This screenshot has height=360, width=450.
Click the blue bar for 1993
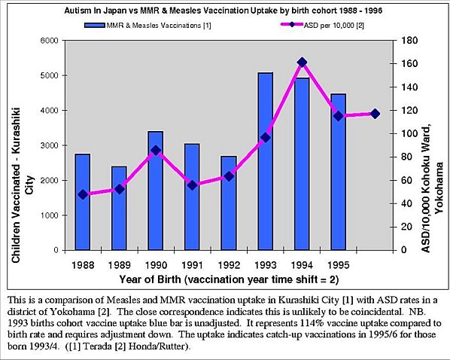266,161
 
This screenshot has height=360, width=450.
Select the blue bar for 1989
119,209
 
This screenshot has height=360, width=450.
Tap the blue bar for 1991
193,197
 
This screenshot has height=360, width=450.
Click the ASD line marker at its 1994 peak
302,63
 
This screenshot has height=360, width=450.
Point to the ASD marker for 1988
83,194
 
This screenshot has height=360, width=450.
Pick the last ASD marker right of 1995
375,114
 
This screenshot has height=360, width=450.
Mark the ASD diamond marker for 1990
156,151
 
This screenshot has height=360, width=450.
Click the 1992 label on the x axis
229,265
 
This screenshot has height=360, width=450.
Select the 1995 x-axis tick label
339,265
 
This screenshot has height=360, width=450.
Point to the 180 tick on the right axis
409,41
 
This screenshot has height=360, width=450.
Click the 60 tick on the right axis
406,181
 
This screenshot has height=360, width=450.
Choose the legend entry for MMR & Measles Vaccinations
147,26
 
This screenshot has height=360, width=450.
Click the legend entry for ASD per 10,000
322,26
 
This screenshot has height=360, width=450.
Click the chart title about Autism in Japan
223,11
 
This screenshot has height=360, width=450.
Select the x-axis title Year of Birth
229,279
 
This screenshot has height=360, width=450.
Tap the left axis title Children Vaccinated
20,185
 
